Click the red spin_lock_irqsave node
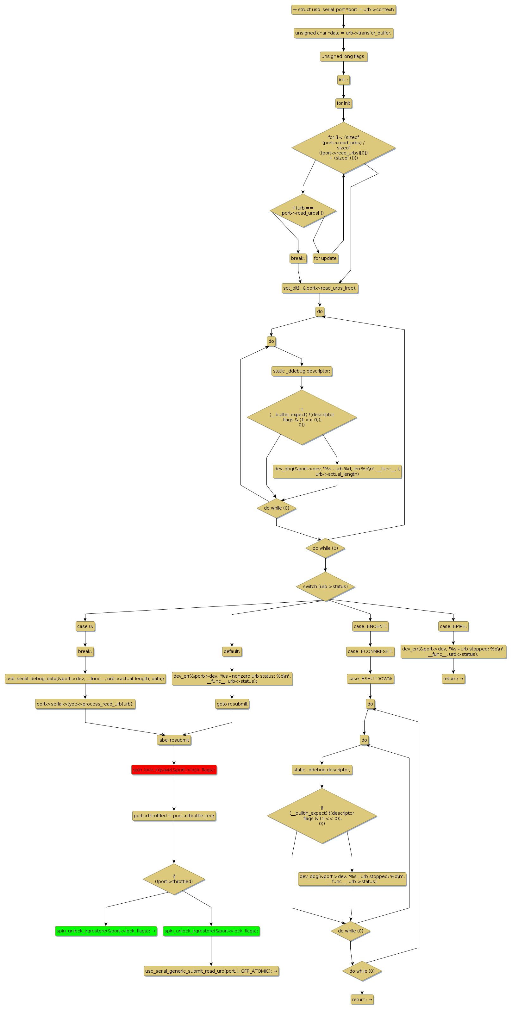tap(174, 770)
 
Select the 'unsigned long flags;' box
tap(343, 56)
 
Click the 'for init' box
tap(343, 103)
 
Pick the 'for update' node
tap(325, 258)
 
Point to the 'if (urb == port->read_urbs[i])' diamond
tap(303, 210)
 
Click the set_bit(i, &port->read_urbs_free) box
tap(320, 288)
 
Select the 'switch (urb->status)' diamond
tap(325, 587)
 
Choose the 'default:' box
tap(232, 652)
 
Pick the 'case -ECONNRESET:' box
tap(370, 652)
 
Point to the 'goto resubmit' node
tap(232, 704)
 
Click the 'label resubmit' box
tap(174, 740)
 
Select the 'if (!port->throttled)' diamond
tap(174, 879)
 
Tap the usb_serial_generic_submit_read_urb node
tap(211, 971)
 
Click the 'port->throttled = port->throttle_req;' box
tap(174, 816)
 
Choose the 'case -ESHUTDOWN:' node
tap(370, 679)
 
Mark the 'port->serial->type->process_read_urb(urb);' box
tap(85, 704)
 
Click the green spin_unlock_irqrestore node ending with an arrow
tap(106, 931)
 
